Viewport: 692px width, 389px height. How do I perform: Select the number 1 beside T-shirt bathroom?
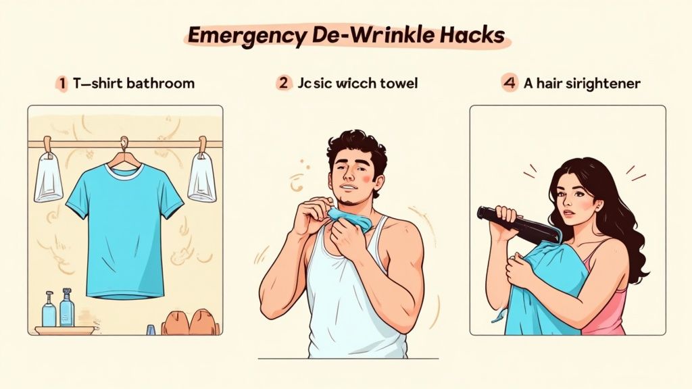coord(62,84)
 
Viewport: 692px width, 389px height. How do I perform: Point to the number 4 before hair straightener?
coord(509,84)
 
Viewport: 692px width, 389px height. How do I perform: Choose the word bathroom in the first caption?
coord(160,84)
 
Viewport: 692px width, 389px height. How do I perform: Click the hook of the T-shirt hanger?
coord(124,144)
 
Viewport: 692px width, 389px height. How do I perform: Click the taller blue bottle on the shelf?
coord(66,309)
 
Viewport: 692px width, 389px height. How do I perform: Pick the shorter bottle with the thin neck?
coord(49,311)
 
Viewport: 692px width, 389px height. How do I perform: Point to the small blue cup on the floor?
coord(150,330)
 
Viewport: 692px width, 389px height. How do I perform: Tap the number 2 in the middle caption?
coord(283,84)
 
